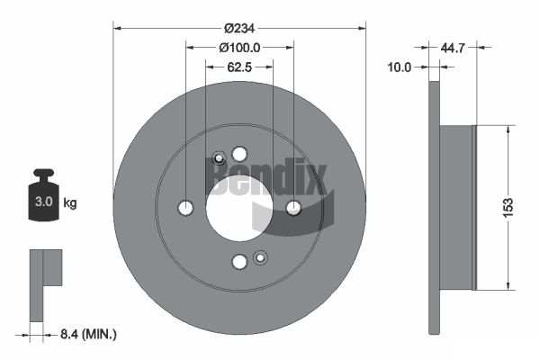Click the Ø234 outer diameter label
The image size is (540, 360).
tap(239, 28)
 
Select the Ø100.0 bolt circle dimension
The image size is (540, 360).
tap(239, 48)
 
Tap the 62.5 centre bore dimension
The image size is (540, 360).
tap(239, 67)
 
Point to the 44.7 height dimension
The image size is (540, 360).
tap(453, 48)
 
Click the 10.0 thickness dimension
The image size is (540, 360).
tap(399, 67)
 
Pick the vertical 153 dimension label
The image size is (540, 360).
tap(508, 207)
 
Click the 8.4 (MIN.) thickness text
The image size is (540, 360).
tap(88, 334)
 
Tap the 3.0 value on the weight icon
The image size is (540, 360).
tap(44, 202)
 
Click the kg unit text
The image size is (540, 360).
tap(70, 202)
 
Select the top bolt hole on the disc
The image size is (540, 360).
tap(239, 154)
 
